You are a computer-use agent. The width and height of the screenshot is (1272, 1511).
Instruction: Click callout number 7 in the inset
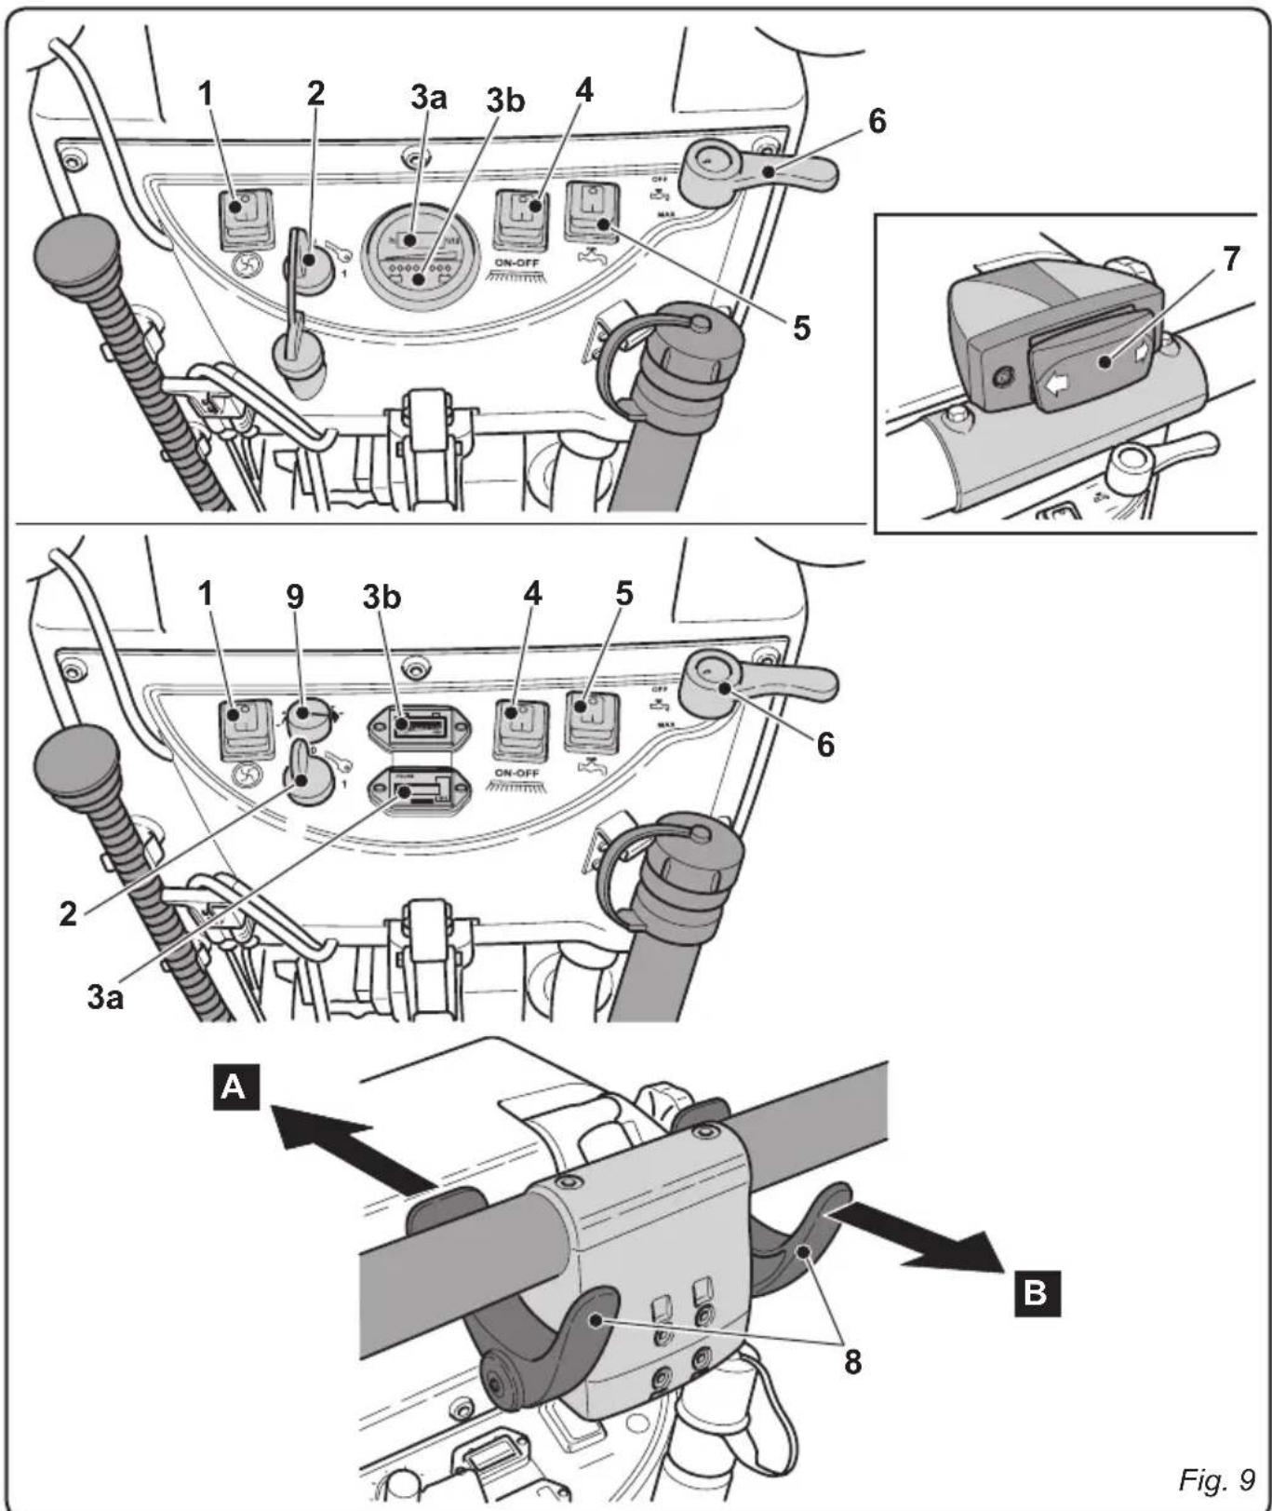(x=1231, y=259)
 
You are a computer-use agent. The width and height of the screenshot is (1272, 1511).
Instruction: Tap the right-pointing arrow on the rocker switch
(x=1142, y=354)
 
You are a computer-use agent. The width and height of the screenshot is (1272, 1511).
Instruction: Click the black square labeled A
(x=235, y=1086)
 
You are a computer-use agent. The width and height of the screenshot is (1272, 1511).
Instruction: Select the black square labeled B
(x=1035, y=1292)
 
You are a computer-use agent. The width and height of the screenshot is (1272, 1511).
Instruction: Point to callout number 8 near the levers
(x=852, y=1361)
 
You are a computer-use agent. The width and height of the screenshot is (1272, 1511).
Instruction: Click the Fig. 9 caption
(x=1216, y=1478)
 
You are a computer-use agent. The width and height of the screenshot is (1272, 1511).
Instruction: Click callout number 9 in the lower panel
(x=295, y=597)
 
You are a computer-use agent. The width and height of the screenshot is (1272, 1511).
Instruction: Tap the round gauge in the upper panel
(x=415, y=252)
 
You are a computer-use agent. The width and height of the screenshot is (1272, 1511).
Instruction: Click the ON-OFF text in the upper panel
(x=517, y=263)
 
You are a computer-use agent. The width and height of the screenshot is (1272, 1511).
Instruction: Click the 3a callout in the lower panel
(x=104, y=998)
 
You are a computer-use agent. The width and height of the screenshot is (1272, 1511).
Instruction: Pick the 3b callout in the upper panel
(x=505, y=101)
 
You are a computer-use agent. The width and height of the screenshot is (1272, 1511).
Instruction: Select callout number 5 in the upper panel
(x=801, y=328)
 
